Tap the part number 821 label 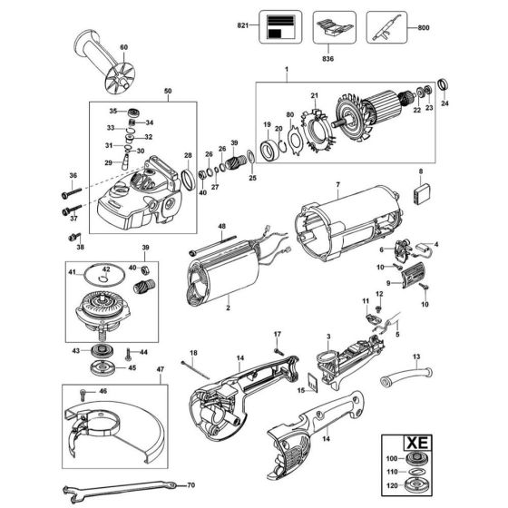coord(239,27)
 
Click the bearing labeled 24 coord(444,86)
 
